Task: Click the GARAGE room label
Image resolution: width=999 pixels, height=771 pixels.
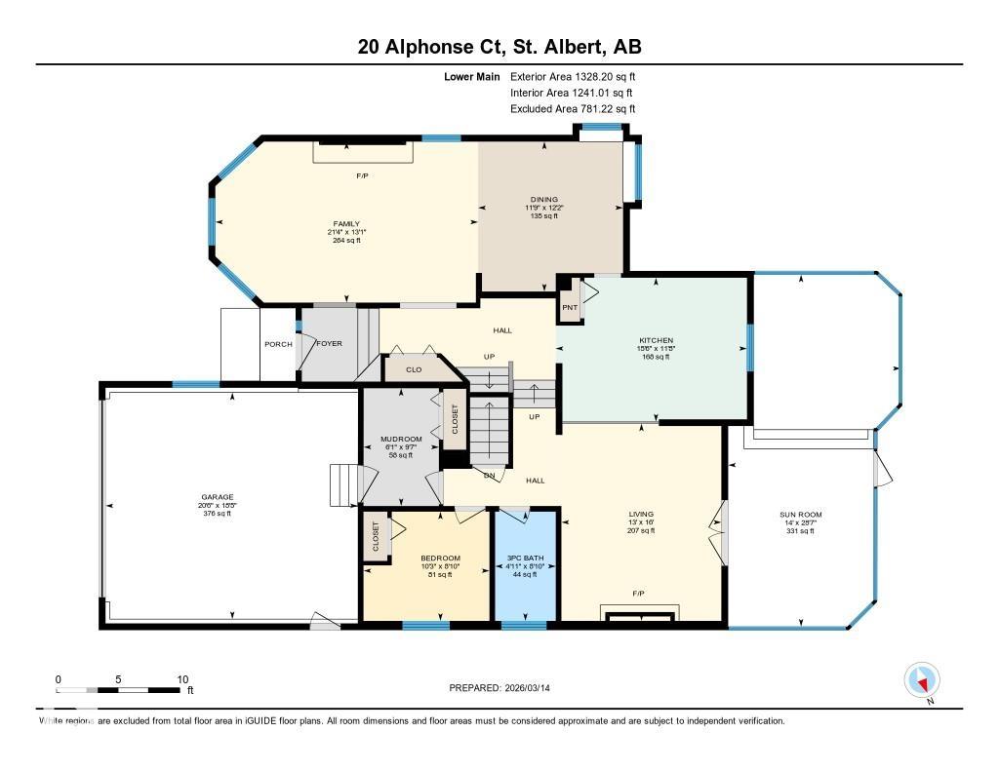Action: (x=217, y=496)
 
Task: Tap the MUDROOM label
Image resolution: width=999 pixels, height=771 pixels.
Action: (x=401, y=440)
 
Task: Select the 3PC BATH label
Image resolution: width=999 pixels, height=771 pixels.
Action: (x=526, y=558)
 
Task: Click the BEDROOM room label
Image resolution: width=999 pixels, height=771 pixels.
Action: (x=426, y=558)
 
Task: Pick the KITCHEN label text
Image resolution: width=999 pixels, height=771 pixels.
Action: (x=656, y=340)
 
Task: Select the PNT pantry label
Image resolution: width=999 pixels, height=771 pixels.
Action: (x=570, y=309)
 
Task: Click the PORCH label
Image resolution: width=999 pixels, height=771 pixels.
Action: (x=278, y=344)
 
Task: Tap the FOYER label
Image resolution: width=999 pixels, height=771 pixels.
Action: (x=329, y=344)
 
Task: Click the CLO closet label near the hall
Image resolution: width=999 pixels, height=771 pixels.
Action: (x=413, y=370)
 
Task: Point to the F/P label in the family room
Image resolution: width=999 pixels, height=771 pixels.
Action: (x=362, y=175)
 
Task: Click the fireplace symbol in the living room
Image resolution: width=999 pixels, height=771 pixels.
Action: (x=638, y=615)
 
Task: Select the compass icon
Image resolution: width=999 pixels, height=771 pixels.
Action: (x=921, y=679)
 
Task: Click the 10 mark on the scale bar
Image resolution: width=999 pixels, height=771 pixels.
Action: (x=181, y=679)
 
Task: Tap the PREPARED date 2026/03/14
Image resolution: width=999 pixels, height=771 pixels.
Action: (x=506, y=688)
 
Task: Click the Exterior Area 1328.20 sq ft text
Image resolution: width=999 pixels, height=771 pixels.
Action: (x=573, y=76)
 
